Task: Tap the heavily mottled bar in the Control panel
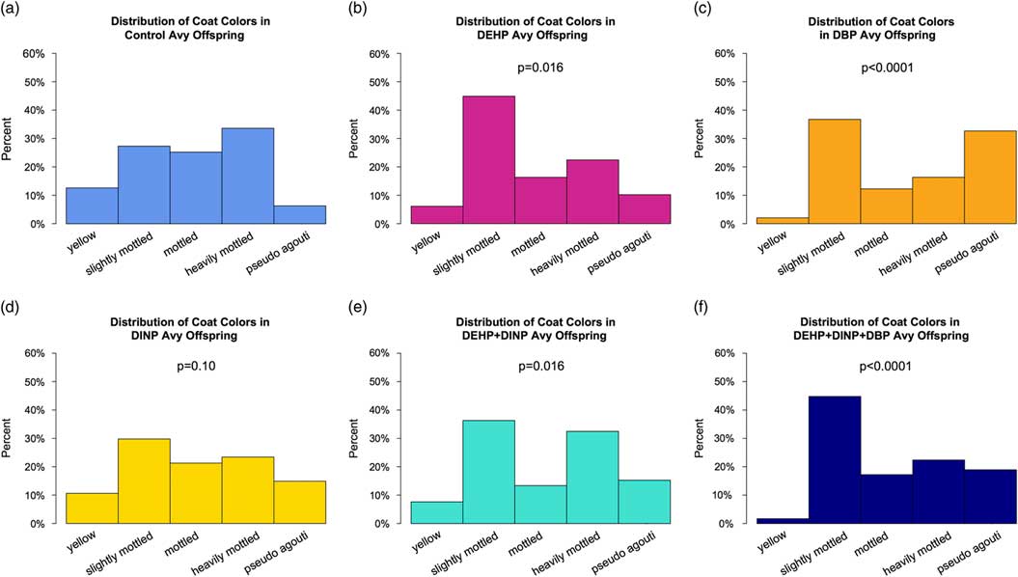pyautogui.click(x=248, y=176)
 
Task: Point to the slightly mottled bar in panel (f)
pyautogui.click(x=835, y=460)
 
